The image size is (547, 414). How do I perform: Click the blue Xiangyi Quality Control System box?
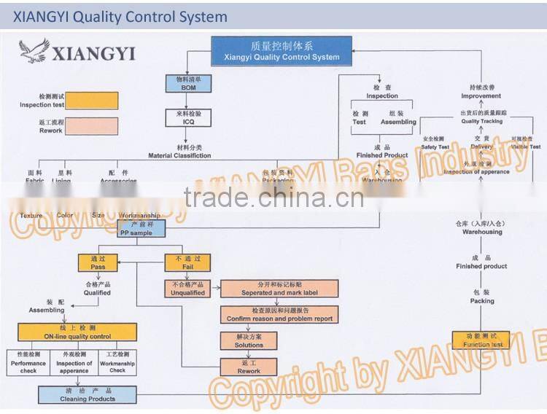coord(282,51)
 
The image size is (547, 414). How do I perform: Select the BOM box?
coord(188,83)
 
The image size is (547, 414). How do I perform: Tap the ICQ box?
coord(188,118)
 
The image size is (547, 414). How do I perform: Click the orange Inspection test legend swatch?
coord(92,101)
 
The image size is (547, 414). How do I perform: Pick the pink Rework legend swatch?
coord(92,126)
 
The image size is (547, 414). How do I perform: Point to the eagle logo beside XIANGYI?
coord(34,52)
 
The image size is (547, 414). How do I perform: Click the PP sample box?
coord(142,229)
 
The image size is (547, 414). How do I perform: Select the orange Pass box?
coord(98,263)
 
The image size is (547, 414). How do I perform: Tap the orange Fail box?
coord(187,263)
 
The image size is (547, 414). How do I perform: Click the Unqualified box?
coord(187,289)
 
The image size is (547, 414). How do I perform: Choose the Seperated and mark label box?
coord(279,289)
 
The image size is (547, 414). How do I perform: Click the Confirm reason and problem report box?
coord(279,315)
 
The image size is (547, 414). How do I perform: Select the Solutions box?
coord(249,340)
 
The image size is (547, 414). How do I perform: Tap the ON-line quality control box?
coord(77,332)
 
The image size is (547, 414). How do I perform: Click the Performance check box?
coord(28,362)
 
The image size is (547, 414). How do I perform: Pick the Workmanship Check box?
coord(117,362)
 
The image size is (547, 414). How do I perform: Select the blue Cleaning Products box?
coord(88,395)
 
